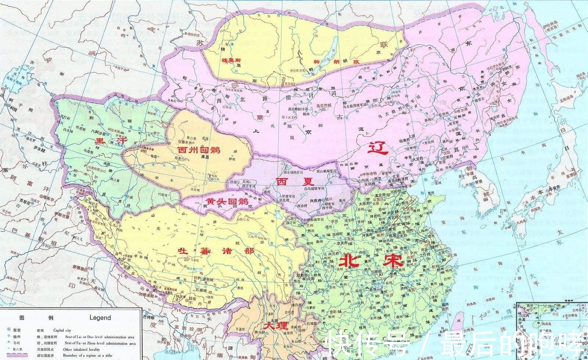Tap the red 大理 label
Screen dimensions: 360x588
(274, 326)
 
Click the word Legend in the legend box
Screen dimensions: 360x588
(100, 318)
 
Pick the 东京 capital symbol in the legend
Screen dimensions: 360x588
(8, 330)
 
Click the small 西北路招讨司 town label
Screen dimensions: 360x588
(298, 109)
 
